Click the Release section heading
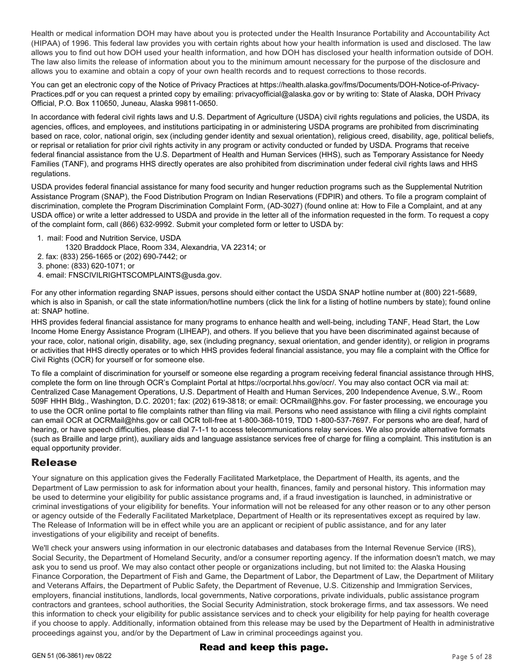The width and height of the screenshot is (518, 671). tap(54, 463)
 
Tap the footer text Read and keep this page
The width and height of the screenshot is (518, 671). tap(264, 647)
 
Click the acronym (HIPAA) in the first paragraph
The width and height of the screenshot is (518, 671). tap(45, 43)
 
